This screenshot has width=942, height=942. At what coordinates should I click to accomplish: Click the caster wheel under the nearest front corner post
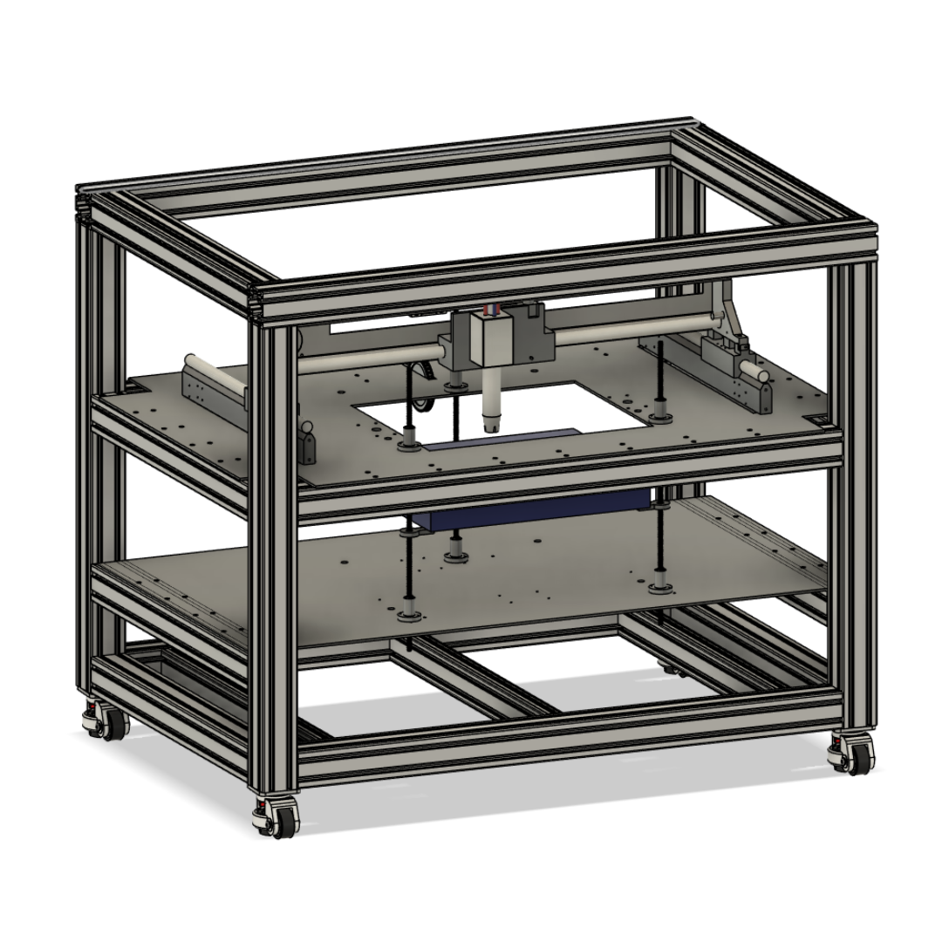[274, 821]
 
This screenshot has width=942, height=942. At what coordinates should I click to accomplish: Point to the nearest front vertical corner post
[277, 558]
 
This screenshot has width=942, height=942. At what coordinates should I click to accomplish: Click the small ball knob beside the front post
[307, 428]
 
